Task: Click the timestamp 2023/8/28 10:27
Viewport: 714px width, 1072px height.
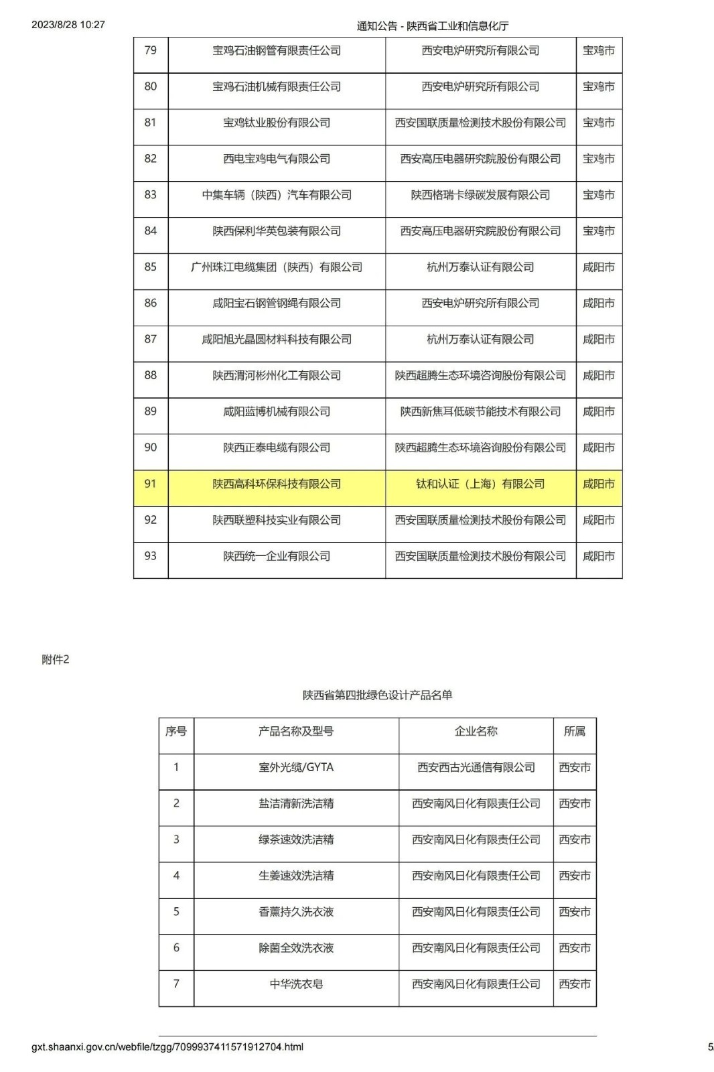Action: coord(68,25)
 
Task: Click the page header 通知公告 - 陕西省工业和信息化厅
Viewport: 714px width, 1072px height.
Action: coord(432,26)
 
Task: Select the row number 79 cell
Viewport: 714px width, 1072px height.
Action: coord(151,51)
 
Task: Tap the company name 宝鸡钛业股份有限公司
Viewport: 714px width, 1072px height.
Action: coord(277,123)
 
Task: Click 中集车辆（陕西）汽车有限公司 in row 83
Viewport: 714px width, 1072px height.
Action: coord(277,196)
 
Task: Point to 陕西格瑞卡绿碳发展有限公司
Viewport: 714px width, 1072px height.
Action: coord(480,196)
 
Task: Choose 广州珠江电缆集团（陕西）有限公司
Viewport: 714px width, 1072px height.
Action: coord(277,267)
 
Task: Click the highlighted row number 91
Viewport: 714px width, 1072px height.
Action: coord(151,484)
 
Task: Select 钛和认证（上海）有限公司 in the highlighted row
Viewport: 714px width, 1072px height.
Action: coord(480,484)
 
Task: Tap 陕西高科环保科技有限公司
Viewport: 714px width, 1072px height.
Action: coord(277,484)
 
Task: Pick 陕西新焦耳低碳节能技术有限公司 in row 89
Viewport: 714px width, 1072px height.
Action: coord(480,412)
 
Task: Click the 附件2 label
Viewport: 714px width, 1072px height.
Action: coord(56,660)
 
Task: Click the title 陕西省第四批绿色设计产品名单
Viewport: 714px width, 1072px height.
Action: coord(377,695)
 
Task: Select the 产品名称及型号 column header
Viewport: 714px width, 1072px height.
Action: coord(296,732)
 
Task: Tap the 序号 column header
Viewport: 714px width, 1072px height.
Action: coord(176,732)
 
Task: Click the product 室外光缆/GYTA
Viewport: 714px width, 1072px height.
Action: coord(296,768)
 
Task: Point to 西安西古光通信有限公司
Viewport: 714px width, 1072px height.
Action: coord(476,768)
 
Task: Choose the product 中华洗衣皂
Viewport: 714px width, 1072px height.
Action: coord(296,984)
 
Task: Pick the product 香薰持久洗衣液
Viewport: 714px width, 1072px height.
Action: coord(296,912)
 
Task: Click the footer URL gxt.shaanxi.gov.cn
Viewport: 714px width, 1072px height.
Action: coord(167,1047)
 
